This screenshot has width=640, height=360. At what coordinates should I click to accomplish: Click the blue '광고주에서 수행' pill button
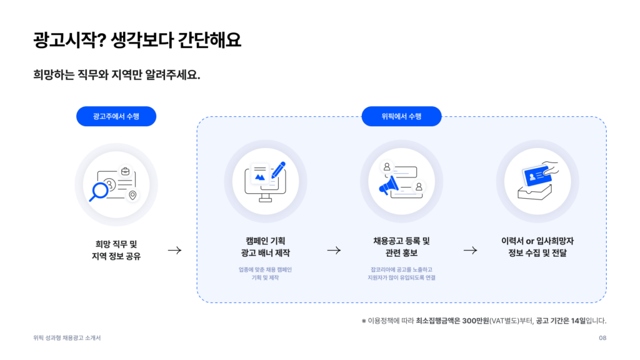116,116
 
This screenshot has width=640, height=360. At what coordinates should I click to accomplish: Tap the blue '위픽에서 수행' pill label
402,116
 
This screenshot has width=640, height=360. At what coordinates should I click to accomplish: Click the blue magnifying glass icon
98,192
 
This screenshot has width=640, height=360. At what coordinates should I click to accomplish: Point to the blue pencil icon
278,170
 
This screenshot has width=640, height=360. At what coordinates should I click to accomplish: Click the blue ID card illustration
537,176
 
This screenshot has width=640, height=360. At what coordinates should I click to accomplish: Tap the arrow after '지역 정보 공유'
175,250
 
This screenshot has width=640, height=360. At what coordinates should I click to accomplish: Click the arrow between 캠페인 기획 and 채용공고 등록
334,250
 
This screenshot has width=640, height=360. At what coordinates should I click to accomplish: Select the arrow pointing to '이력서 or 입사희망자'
470,250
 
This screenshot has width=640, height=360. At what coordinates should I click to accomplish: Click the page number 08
602,338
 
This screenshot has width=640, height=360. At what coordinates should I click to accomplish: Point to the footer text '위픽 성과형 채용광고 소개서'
67,338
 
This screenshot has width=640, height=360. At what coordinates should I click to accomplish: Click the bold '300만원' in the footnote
476,321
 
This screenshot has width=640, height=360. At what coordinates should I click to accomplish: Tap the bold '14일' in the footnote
578,321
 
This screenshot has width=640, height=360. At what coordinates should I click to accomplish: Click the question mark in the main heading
102,40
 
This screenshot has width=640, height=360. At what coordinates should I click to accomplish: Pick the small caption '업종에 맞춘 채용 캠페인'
265,270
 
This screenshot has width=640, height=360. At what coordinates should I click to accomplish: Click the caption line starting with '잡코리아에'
402,270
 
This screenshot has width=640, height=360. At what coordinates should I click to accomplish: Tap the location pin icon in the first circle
132,196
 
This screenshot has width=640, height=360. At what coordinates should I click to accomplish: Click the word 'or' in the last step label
530,241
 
